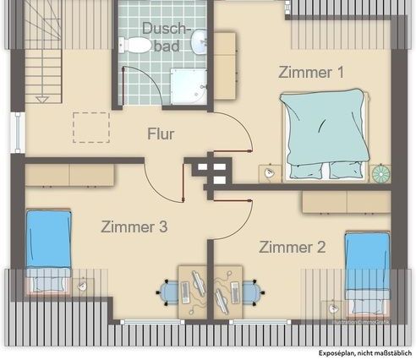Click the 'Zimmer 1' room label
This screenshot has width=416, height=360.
(311, 73)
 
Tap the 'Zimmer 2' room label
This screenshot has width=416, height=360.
(292, 247)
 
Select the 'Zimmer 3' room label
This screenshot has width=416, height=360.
(134, 226)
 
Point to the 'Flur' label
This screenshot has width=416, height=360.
(161, 134)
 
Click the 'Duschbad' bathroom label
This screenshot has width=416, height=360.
(161, 36)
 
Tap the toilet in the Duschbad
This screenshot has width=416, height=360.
(133, 44)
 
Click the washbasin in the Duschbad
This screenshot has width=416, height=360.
(200, 41)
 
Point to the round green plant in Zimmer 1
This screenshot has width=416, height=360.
(382, 172)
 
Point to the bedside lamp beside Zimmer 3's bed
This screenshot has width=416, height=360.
(83, 286)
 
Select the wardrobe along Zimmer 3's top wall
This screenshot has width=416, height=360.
(69, 174)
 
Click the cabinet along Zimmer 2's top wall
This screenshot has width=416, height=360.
(345, 202)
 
